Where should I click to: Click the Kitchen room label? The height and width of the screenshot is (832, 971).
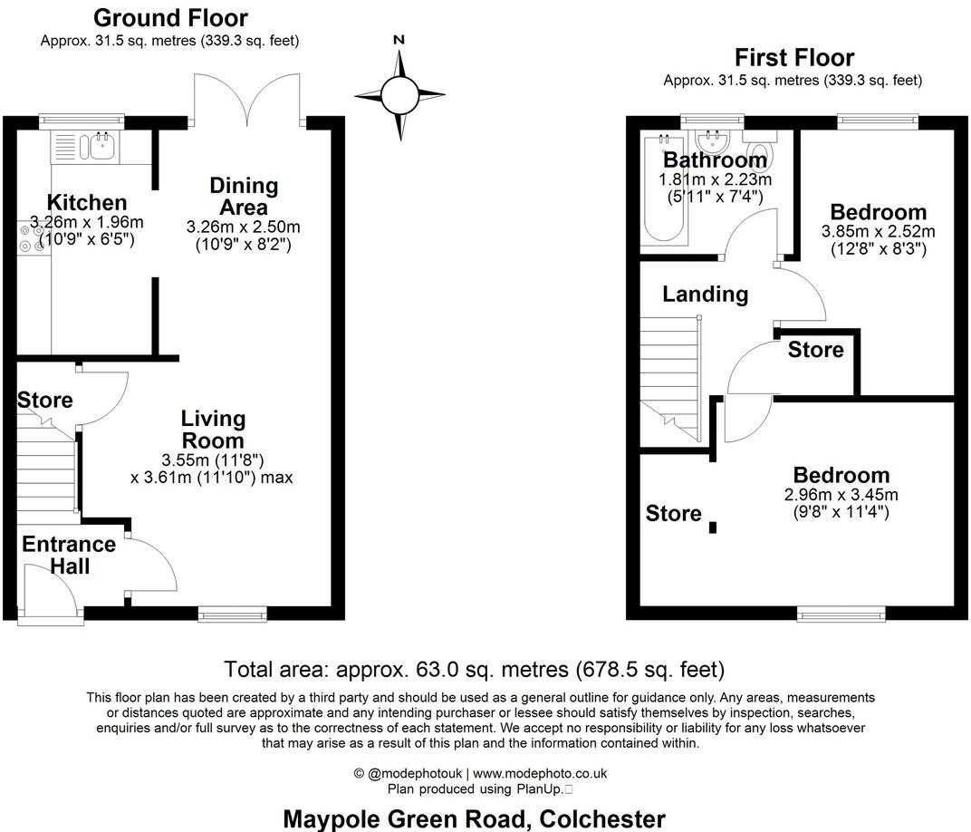click(x=87, y=203)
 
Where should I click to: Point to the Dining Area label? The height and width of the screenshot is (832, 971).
click(x=244, y=196)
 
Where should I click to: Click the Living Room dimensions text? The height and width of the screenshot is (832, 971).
click(x=212, y=468)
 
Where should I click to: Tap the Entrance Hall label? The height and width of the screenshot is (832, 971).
click(x=69, y=555)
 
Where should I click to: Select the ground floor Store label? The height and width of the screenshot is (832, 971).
click(x=45, y=400)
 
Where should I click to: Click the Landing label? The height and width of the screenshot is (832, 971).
click(x=705, y=294)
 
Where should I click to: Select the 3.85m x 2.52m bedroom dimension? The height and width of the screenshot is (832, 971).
click(x=878, y=231)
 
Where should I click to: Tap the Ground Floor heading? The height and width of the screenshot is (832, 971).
click(x=170, y=17)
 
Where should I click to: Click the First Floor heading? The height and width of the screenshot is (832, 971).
click(x=793, y=58)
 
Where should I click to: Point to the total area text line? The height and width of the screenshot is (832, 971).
click(x=475, y=670)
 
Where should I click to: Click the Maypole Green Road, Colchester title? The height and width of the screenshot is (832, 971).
click(x=475, y=818)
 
